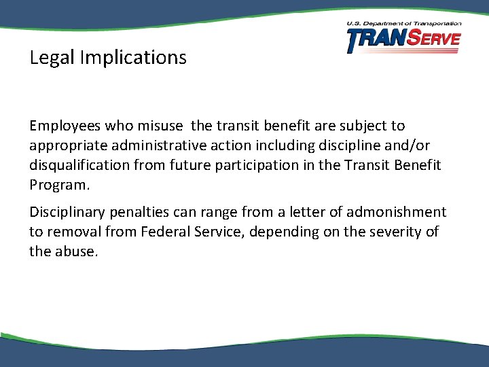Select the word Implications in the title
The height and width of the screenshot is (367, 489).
132,58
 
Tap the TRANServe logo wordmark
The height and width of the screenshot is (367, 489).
403,41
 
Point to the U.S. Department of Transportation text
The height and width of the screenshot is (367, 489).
403,24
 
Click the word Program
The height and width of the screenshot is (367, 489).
59,185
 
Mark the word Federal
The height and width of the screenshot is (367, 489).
167,232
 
